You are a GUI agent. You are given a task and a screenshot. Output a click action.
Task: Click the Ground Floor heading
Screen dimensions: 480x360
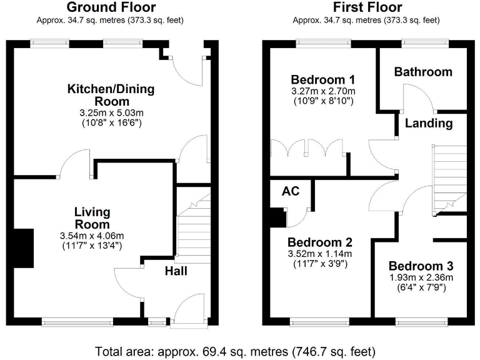point(111,7)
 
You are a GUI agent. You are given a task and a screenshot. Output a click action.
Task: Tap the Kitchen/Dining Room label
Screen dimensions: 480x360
point(111,95)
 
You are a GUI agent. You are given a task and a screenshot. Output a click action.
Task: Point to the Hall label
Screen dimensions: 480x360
point(176,271)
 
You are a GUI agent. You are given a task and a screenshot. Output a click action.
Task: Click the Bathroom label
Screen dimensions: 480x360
point(422,72)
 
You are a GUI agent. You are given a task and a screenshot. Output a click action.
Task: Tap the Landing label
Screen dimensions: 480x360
point(429,123)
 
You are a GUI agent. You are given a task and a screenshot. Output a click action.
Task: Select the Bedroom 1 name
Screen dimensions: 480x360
point(323,79)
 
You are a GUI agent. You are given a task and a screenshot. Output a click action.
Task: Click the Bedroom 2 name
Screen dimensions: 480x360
point(320,242)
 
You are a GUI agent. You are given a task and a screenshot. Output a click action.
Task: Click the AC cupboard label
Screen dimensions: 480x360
point(291,191)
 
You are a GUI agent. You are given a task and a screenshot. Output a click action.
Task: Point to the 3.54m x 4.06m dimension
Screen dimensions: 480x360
point(92,236)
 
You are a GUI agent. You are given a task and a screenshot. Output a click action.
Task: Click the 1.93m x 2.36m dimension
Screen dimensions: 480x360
point(420,277)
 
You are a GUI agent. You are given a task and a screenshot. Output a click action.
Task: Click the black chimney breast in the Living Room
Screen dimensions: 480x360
point(23,248)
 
